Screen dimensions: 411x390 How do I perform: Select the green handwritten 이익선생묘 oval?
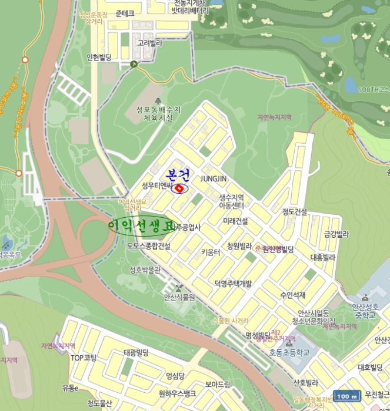click(x=142, y=225)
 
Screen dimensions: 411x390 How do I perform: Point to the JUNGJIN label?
click(x=214, y=178)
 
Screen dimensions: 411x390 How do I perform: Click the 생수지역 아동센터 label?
click(x=231, y=201)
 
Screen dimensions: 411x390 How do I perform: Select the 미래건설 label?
click(x=235, y=221)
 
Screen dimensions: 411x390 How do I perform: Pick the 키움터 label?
click(x=211, y=252)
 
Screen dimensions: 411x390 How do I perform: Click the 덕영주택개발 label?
click(x=233, y=284)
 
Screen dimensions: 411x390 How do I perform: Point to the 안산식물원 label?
click(x=179, y=297)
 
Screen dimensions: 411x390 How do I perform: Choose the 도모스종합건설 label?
click(x=148, y=246)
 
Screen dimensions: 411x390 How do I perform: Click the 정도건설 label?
click(x=295, y=211)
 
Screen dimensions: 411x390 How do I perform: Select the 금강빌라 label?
click(x=336, y=234)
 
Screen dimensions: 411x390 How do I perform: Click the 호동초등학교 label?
click(x=289, y=353)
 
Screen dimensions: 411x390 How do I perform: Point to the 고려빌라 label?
click(x=149, y=43)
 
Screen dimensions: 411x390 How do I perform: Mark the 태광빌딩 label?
click(x=136, y=352)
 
